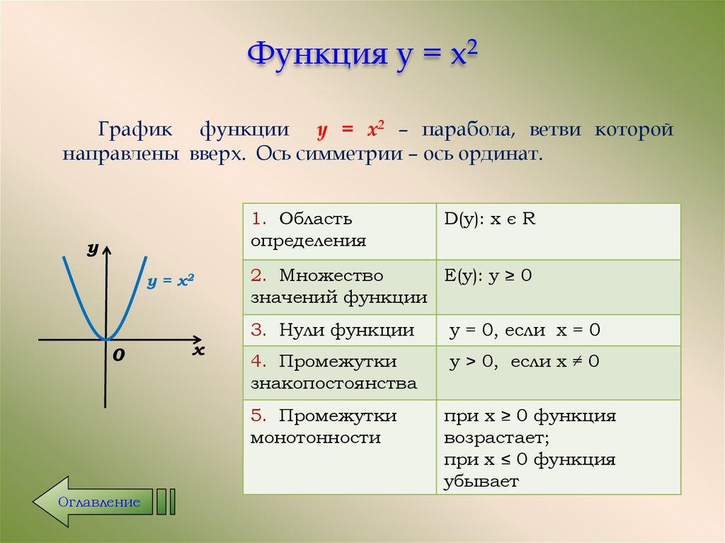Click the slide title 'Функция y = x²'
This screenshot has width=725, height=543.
(362, 55)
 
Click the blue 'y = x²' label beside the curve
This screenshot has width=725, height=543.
(171, 281)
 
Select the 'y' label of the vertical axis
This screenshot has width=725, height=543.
(92, 248)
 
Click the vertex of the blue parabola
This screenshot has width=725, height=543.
(106, 340)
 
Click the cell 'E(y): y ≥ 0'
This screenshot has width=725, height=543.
(488, 275)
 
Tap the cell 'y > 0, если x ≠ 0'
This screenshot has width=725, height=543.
(525, 362)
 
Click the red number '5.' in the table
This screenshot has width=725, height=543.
(258, 416)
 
